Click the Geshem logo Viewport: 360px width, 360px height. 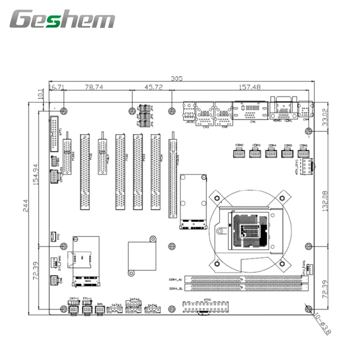pyautogui.click(x=63, y=20)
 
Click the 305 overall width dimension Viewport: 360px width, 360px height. pyautogui.click(x=177, y=78)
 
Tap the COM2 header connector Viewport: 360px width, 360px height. pyautogui.click(x=240, y=153)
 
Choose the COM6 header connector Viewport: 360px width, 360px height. pyautogui.click(x=303, y=153)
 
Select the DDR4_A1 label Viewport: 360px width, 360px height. pyautogui.click(x=175, y=279)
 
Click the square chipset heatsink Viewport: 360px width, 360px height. pyautogui.click(x=141, y=255)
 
